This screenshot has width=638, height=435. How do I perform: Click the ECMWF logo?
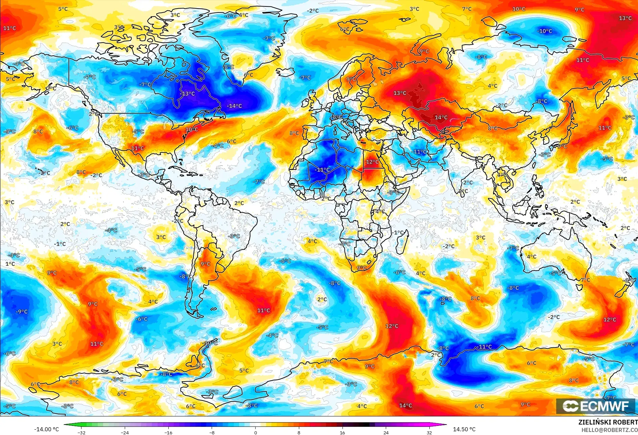(596, 406)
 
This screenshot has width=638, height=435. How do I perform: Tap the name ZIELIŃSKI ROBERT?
(608, 422)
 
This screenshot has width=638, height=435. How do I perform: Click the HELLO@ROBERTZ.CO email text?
(609, 430)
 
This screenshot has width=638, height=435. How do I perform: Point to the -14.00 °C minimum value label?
(46, 429)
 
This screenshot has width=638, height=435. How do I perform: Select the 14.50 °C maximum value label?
(464, 429)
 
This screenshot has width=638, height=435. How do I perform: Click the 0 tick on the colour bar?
(255, 432)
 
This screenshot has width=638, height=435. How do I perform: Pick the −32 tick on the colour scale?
(81, 432)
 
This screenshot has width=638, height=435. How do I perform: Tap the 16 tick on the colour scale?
(342, 432)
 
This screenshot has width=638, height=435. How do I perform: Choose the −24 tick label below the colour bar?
(125, 432)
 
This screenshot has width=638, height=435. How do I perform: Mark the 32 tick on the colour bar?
(429, 432)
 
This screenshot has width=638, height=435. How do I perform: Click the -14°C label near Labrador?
(234, 106)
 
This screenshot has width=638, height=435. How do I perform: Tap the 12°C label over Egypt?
(372, 162)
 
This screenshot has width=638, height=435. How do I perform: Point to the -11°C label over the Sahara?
(322, 170)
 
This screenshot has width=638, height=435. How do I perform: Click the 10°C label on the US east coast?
(192, 129)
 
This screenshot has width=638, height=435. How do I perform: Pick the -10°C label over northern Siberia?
(544, 31)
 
